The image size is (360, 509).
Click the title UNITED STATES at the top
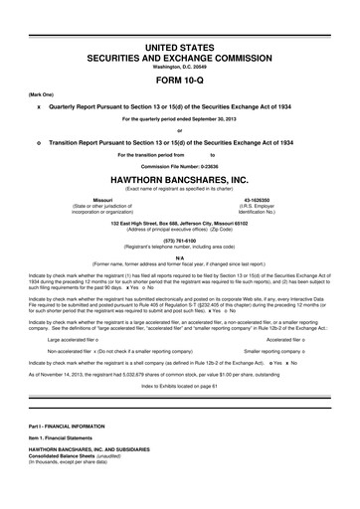click(x=179, y=47)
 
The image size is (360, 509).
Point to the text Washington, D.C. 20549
click(x=179, y=67)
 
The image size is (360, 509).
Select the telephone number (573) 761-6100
click(x=179, y=239)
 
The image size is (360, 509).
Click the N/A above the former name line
click(x=179, y=257)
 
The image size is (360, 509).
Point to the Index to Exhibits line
click(x=179, y=384)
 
